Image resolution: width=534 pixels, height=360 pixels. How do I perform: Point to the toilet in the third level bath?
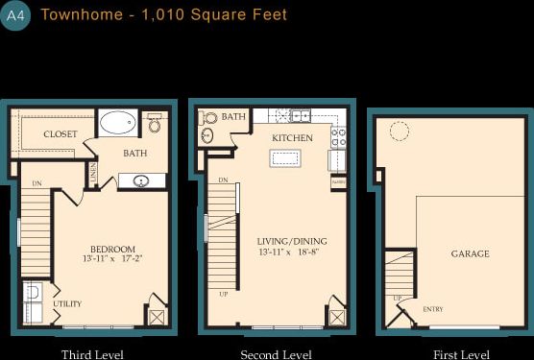155,125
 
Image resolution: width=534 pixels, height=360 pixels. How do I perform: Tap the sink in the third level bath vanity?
141,180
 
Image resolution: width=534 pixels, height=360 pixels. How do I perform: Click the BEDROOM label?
111,249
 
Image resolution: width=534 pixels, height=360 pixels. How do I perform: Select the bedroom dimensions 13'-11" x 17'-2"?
113,259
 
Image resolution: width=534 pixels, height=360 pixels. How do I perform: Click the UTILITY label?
67,304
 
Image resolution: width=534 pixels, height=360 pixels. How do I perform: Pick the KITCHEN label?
292,138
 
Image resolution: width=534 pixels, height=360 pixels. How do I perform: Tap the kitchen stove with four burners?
338,138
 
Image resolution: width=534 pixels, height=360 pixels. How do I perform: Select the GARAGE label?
471,253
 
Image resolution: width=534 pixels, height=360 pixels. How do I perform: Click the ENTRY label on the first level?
433,309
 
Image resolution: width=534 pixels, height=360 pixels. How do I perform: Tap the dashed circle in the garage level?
399,132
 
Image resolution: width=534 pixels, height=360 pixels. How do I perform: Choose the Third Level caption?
92,354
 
